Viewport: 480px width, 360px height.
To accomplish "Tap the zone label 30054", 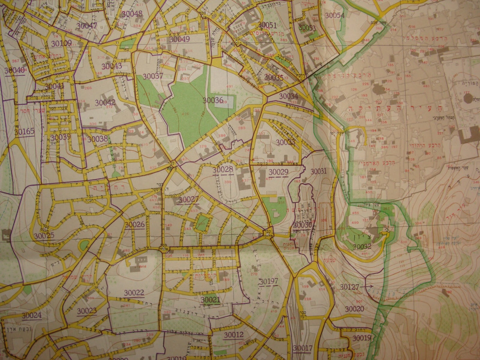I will click(335, 15).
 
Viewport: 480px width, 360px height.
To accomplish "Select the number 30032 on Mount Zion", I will click(362, 246).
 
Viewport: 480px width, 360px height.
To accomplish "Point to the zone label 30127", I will click(349, 287).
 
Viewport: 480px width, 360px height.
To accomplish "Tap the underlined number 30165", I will click(24, 132).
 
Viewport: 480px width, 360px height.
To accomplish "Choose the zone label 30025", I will click(44, 236).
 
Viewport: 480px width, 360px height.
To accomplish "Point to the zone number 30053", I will click(307, 28).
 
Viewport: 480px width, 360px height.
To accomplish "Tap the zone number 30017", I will click(303, 348).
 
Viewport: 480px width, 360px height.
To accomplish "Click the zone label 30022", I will click(134, 293).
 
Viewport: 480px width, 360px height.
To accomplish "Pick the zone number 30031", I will click(319, 171).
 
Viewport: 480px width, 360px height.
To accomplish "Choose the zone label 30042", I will click(105, 102).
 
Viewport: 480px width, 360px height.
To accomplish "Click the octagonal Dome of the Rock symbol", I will click(468, 98).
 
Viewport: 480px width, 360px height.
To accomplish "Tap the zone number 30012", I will click(234, 334).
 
